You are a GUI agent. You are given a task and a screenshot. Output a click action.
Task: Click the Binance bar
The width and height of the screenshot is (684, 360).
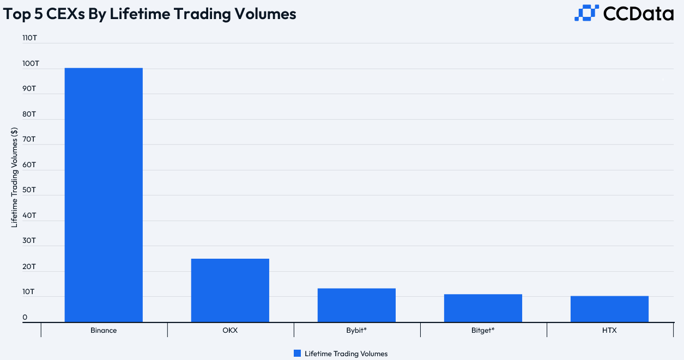point(104,195)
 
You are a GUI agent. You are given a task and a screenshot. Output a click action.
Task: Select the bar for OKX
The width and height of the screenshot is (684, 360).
point(230,290)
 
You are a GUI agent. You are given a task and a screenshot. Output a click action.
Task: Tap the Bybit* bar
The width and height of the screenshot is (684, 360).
point(356,305)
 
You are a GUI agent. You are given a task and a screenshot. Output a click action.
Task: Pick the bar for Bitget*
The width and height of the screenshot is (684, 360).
point(483,308)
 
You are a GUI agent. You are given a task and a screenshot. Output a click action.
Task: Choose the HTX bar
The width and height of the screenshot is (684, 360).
point(609,309)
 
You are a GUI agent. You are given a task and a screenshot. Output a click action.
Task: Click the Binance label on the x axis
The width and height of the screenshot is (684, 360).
point(104,331)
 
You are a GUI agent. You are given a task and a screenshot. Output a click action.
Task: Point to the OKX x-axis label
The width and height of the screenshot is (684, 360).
point(230,331)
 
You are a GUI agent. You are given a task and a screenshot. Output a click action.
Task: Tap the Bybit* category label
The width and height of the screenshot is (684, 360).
point(356,331)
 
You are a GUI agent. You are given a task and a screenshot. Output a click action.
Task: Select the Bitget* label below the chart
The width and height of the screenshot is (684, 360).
point(483,331)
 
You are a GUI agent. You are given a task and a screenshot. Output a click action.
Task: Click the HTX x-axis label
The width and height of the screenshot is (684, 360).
point(609,331)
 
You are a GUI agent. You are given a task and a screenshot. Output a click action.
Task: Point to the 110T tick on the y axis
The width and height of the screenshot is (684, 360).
point(29,39)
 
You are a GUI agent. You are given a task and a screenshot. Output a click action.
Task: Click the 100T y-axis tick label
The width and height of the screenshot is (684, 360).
point(31,64)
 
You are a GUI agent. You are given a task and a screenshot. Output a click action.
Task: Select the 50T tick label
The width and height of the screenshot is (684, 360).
point(29,190)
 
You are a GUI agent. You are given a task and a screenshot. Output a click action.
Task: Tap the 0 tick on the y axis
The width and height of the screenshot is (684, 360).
point(25,318)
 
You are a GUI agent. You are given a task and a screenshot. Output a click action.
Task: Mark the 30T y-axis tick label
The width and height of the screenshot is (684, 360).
point(29,241)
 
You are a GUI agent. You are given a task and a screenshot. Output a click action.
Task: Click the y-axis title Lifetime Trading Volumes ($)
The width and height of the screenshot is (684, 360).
point(15,177)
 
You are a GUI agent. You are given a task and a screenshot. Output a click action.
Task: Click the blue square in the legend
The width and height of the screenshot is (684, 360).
point(297,353)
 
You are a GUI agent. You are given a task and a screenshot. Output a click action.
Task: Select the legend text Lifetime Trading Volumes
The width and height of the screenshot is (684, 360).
point(346,353)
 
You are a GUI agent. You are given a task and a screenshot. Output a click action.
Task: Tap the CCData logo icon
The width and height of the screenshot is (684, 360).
point(586,13)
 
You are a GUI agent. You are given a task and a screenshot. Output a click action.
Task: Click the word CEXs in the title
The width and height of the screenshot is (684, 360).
point(74,14)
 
